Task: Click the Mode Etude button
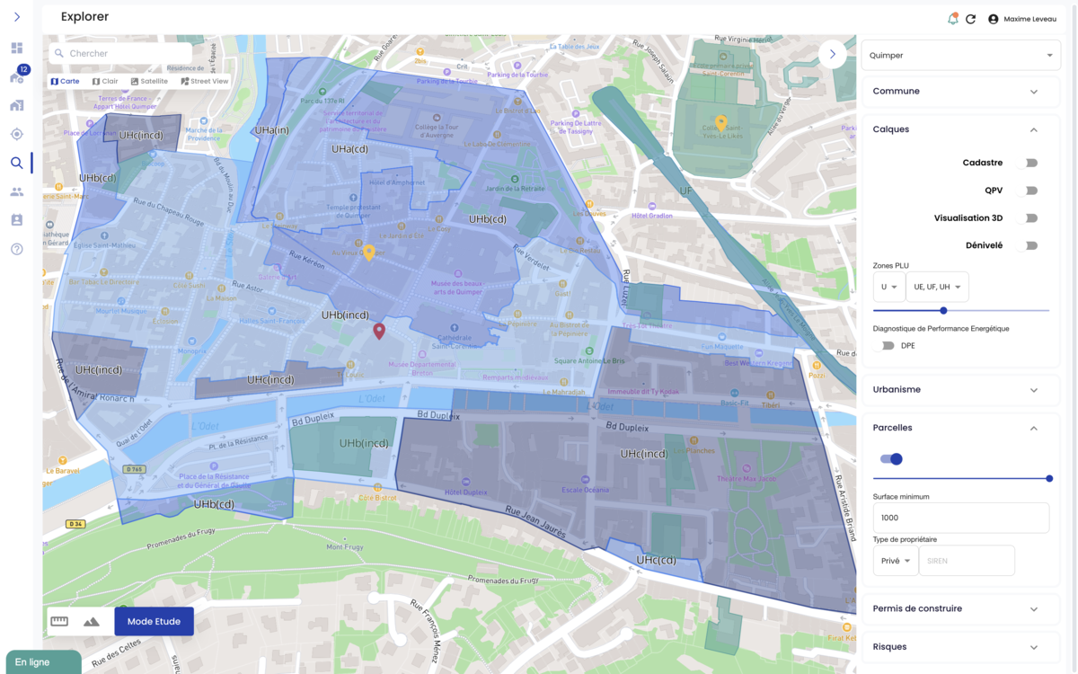154,621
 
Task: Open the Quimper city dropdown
960,55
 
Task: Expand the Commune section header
960,92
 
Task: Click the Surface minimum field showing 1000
960,518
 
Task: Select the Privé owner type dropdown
895,561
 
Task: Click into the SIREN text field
966,561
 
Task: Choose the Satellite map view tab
149,81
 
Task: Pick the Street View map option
205,81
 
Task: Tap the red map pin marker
379,331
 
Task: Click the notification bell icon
952,19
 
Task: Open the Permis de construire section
960,608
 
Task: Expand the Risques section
960,647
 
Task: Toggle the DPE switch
888,346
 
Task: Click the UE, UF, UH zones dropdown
936,287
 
